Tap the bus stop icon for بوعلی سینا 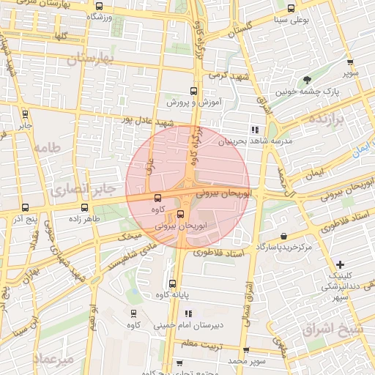[x=292, y=9]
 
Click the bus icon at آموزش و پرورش [x=193, y=92]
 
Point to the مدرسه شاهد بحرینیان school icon [x=255, y=129]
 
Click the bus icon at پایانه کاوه [x=173, y=283]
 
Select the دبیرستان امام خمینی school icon [x=187, y=313]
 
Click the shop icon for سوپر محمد [x=245, y=351]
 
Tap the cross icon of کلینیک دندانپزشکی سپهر [x=339, y=264]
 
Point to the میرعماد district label [x=53, y=360]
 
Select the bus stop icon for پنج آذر [x=26, y=208]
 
